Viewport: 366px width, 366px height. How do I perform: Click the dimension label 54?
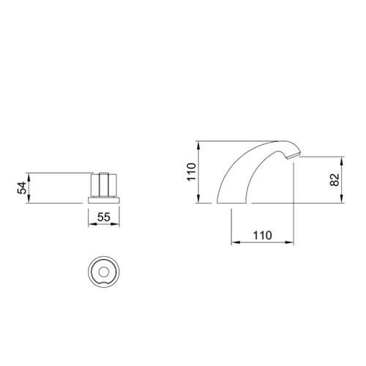coord(22,188)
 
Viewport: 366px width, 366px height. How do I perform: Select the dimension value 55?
coord(104,217)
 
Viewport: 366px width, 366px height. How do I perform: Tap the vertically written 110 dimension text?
coord(192,172)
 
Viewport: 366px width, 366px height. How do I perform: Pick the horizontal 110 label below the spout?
coord(262,236)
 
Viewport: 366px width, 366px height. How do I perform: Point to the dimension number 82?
coord(335,180)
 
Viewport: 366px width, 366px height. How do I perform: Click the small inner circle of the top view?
coord(104,272)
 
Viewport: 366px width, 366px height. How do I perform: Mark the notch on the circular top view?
coord(104,283)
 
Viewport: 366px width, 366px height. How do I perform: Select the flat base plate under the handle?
coord(104,201)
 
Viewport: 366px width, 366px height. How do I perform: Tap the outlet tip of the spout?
coord(294,156)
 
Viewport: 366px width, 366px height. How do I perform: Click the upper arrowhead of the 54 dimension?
coord(29,176)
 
